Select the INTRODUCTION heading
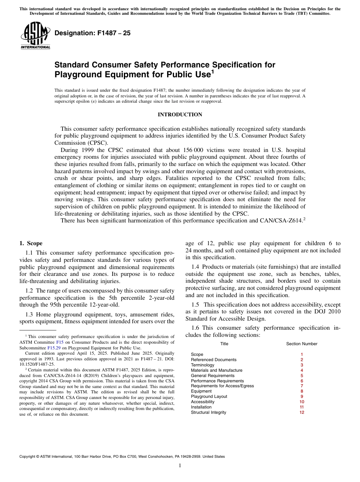click(180, 114)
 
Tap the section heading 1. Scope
click(31, 243)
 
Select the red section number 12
click(302, 412)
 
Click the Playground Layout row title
click(209, 396)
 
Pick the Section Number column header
click(302, 344)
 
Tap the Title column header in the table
click(224, 344)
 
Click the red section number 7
click(302, 386)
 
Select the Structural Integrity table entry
click(208, 412)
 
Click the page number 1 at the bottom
click(180, 466)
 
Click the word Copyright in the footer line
click(28, 457)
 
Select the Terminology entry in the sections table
click(202, 365)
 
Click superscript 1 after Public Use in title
click(213, 72)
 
